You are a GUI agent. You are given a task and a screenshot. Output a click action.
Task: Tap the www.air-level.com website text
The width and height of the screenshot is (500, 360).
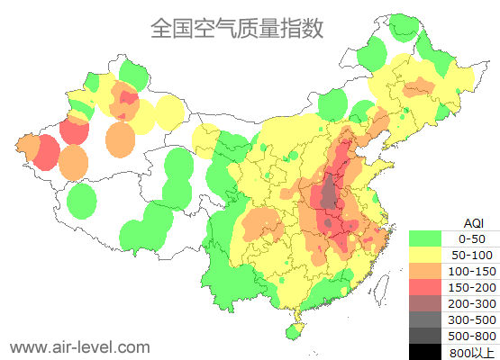(x=79, y=346)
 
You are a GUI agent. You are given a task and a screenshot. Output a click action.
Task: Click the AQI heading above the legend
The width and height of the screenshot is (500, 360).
(x=472, y=222)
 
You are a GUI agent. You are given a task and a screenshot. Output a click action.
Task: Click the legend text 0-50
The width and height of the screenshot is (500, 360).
(x=472, y=239)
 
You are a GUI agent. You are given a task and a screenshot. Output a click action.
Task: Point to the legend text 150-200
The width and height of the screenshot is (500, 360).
(x=472, y=287)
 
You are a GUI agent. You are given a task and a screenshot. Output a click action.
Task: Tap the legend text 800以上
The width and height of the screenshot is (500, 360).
(x=472, y=351)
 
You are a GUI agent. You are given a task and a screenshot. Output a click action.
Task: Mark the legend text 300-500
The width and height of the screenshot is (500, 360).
(x=472, y=319)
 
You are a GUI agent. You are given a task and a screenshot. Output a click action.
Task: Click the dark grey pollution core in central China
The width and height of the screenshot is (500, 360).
(x=330, y=193)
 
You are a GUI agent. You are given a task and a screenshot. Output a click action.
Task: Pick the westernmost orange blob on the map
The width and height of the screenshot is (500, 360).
(x=26, y=146)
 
